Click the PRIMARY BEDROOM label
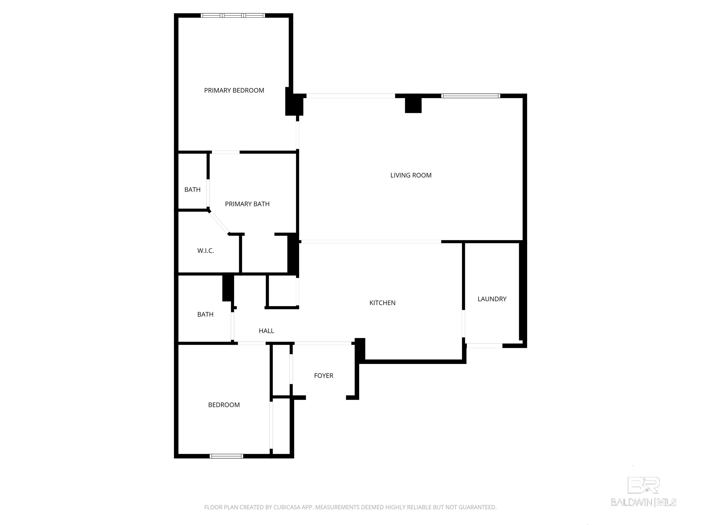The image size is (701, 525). (234, 90)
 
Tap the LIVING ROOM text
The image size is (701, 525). (411, 175)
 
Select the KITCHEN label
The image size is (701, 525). (382, 303)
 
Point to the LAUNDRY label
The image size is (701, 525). (492, 299)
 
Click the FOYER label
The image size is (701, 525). (323, 376)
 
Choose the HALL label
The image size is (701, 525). (266, 331)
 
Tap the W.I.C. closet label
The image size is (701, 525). (205, 251)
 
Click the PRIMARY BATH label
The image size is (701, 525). (247, 204)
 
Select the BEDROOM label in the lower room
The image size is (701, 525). (224, 405)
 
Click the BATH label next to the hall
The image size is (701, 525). (205, 314)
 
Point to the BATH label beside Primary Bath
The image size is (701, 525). (192, 190)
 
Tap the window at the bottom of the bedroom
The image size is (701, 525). (226, 456)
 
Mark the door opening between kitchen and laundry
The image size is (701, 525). (463, 323)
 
